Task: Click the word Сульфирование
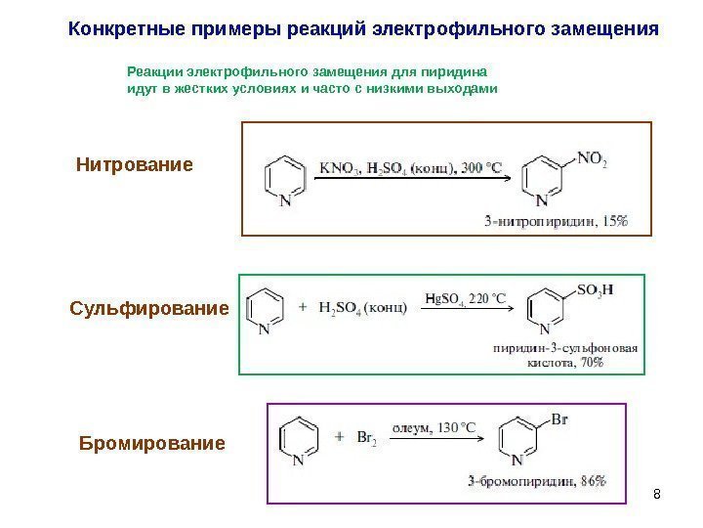point(149,309)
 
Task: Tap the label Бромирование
point(151,444)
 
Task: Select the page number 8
point(656,491)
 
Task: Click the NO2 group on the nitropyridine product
point(590,158)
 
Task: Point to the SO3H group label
point(596,290)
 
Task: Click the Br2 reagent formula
point(367,439)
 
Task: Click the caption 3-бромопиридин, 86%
point(536,480)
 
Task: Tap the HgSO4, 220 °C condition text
point(467,298)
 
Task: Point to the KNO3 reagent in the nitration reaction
point(338,167)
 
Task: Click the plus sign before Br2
point(339,436)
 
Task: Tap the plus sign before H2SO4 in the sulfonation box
point(300,306)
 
